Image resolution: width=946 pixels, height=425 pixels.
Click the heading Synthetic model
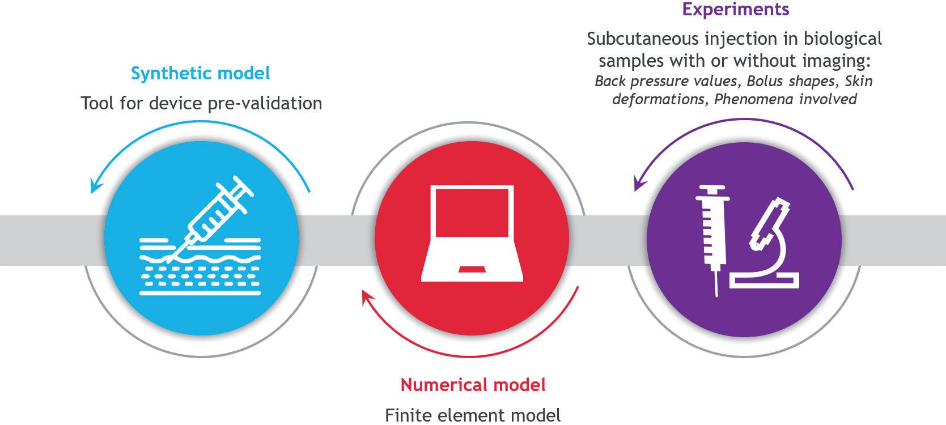click(200, 74)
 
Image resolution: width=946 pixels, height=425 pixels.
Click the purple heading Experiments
click(735, 9)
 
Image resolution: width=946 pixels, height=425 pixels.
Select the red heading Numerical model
click(473, 385)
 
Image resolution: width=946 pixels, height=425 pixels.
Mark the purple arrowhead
click(638, 185)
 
